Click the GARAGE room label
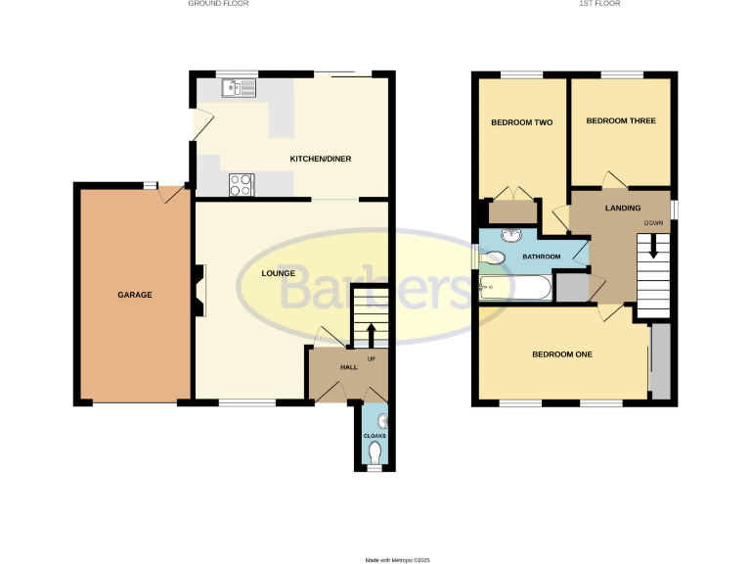coord(135,295)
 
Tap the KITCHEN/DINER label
coord(320,159)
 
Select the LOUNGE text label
coord(278,273)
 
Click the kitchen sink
coord(239,90)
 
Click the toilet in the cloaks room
coord(376,452)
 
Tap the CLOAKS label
coord(375,436)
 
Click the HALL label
coord(348,367)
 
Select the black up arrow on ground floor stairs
coord(371,334)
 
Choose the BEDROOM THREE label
coord(620,121)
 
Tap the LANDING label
coord(623,208)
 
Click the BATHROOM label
coord(542,257)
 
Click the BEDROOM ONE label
coord(562,354)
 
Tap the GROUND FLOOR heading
coord(218,4)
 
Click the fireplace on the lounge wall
coord(199,292)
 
